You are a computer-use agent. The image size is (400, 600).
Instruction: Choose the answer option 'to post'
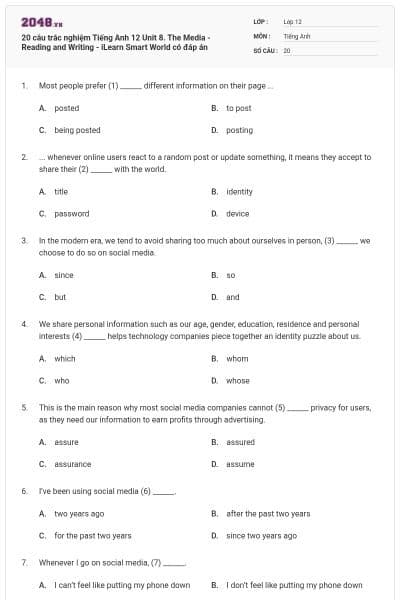[x=238, y=108]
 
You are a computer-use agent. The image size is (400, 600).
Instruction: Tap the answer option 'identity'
[x=239, y=191]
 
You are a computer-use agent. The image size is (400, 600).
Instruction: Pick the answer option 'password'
[x=71, y=213]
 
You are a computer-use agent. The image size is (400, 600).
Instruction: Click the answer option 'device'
[x=237, y=213]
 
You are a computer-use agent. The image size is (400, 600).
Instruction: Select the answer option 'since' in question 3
[x=63, y=275]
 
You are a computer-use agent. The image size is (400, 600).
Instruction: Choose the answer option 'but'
[x=60, y=297]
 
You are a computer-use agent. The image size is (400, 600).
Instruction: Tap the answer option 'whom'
[x=236, y=358]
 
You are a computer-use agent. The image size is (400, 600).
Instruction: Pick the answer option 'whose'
[x=237, y=380]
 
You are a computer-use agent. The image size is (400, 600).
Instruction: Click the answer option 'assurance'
[x=72, y=464]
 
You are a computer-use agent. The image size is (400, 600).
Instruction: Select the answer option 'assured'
[x=240, y=442]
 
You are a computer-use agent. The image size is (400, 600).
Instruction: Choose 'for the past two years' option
[x=92, y=535]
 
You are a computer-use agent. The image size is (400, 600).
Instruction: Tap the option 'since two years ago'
[x=261, y=535]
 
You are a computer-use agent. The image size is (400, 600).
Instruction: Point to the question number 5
[x=23, y=408]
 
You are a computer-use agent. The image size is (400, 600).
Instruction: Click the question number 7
[x=23, y=563]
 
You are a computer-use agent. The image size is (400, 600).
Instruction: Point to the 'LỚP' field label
[x=261, y=21]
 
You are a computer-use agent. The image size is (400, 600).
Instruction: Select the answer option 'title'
[x=60, y=191]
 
